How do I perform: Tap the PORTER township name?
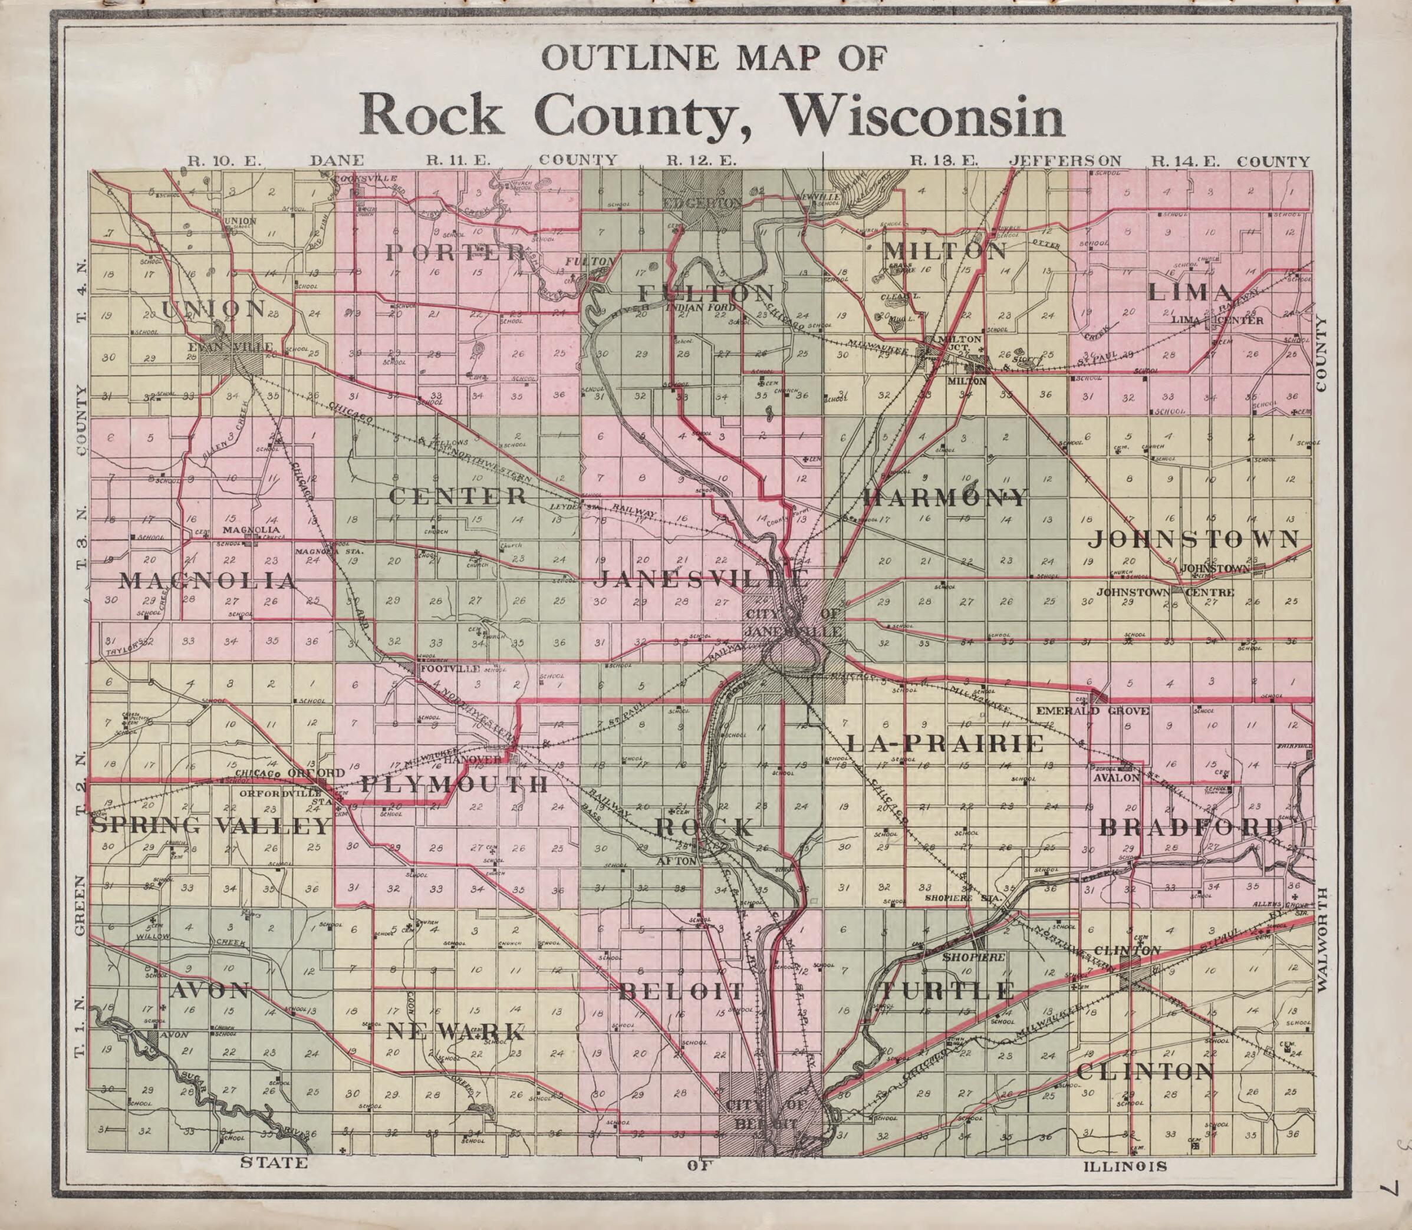click(455, 253)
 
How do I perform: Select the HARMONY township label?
click(945, 497)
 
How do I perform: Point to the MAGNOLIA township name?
click(209, 581)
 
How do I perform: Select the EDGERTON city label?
click(702, 203)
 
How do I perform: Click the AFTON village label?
click(680, 860)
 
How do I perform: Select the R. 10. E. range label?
click(225, 161)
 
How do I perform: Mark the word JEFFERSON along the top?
click(1065, 161)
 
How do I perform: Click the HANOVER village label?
click(472, 760)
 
